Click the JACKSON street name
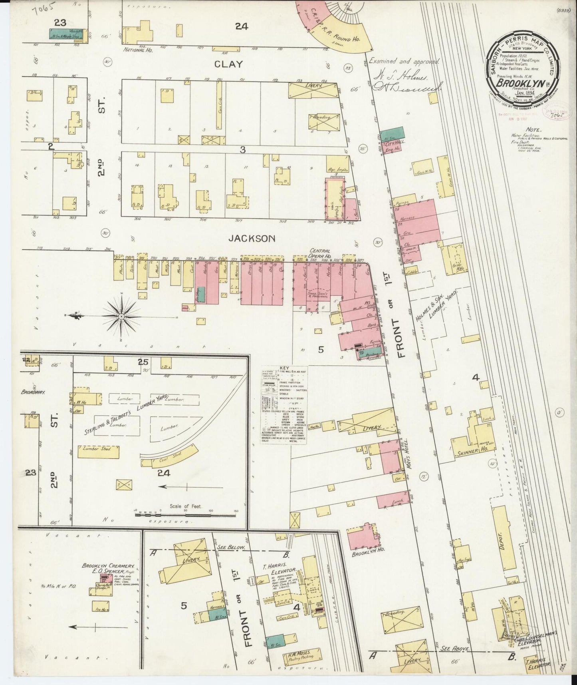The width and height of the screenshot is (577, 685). tap(252, 239)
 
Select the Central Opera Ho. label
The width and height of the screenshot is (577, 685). tap(320, 253)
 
